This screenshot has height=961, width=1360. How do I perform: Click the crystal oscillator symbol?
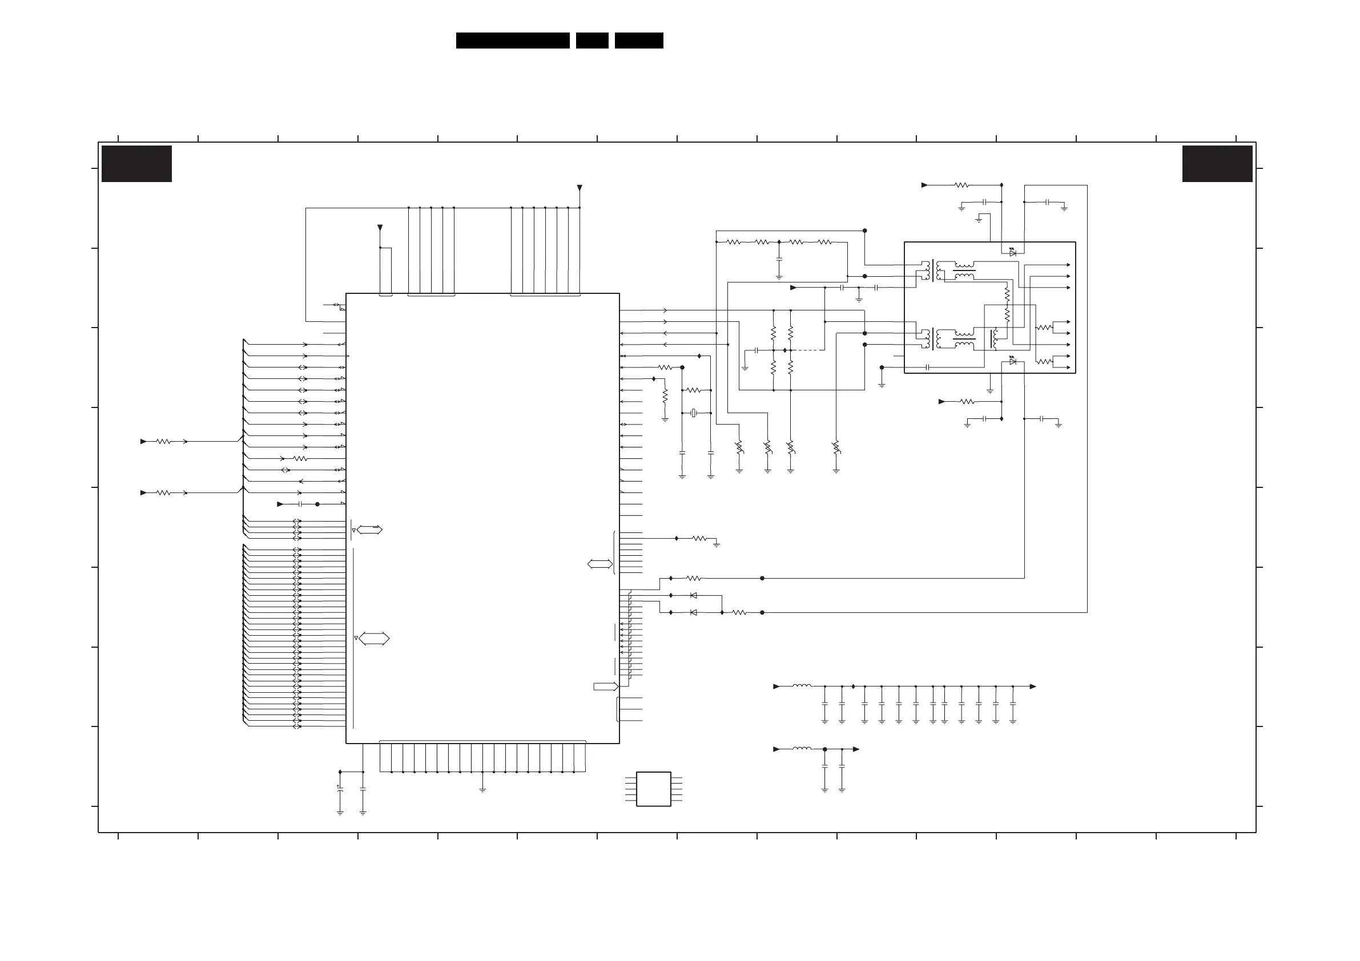pos(693,413)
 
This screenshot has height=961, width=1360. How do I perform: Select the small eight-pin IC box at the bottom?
pos(653,789)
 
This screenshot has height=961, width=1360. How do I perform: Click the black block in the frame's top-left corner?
pos(137,164)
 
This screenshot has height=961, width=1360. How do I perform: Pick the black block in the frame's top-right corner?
pos(1217,164)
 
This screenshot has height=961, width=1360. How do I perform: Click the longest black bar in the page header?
pos(512,41)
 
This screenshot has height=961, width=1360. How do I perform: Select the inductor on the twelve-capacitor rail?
pos(802,686)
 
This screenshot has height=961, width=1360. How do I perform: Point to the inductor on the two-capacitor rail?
pos(802,749)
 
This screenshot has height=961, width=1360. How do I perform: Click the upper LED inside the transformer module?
pos(1013,252)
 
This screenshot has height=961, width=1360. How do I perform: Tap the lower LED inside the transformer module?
pos(1013,361)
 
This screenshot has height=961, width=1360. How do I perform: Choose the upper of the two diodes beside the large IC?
pos(694,595)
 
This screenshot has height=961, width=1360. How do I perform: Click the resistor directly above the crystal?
pos(693,390)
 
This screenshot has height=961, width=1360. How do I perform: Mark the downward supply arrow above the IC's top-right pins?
pos(580,188)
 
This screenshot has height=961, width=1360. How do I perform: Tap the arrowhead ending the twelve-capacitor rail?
pos(1033,687)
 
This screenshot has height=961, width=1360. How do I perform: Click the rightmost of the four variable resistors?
pos(836,447)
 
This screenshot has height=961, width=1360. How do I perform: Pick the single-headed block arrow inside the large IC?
pos(606,687)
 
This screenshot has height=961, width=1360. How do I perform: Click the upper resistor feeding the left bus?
pos(163,441)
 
